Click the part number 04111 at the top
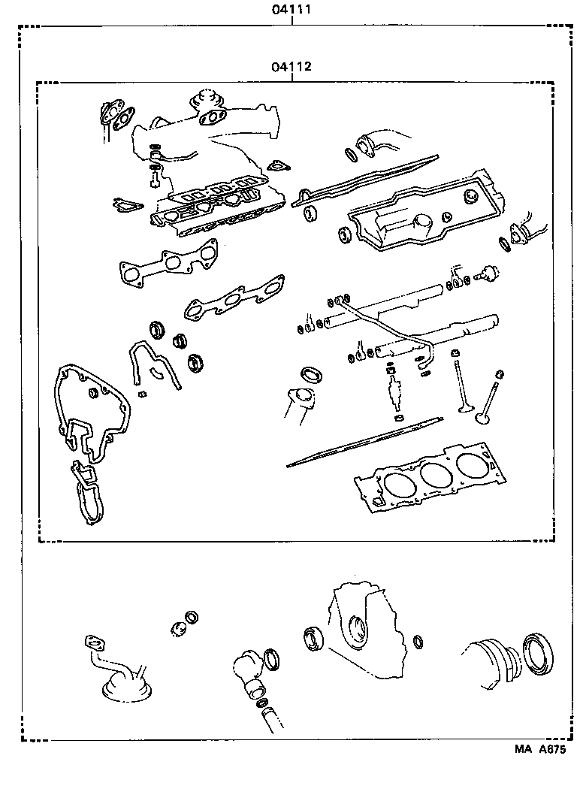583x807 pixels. (291, 11)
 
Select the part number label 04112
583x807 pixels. (291, 67)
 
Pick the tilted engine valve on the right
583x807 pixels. (490, 398)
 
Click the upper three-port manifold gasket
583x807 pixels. (169, 264)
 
